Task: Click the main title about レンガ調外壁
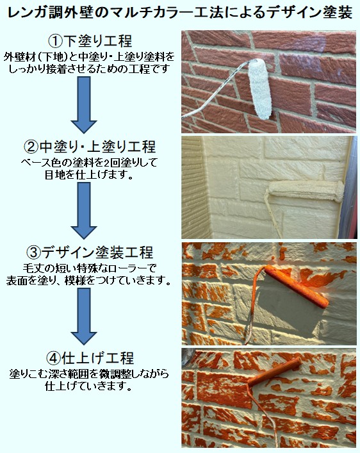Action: click(x=179, y=13)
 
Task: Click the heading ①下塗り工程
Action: click(x=90, y=41)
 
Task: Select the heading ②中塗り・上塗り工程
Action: click(x=90, y=147)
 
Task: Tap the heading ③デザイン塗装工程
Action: click(x=90, y=252)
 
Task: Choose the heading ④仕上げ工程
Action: click(x=90, y=358)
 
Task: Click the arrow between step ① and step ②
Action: click(x=84, y=104)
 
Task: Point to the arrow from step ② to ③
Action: click(x=84, y=211)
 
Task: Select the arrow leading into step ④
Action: click(x=84, y=317)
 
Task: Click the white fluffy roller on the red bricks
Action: click(x=259, y=88)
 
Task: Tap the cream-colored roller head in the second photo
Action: click(x=307, y=191)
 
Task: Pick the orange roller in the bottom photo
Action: click(x=274, y=371)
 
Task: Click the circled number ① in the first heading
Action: click(x=55, y=41)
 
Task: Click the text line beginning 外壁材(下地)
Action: click(x=89, y=57)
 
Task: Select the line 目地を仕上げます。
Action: click(x=89, y=175)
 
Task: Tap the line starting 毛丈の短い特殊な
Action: click(x=89, y=268)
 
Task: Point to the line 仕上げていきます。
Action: click(x=89, y=386)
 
